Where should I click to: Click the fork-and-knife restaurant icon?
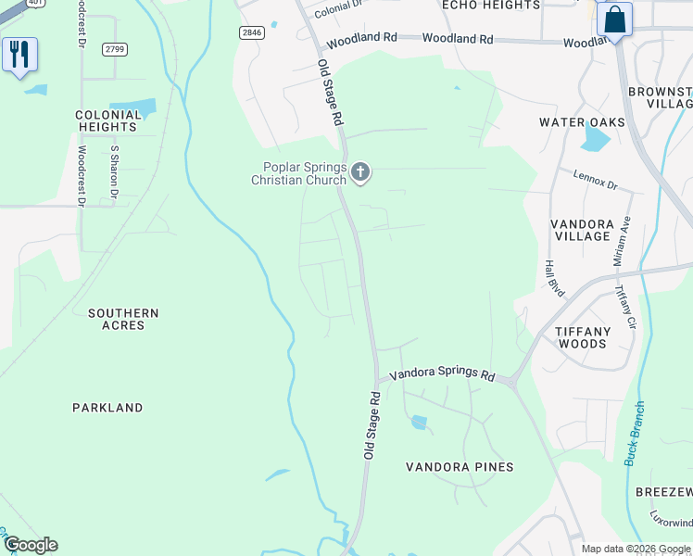point(19,54)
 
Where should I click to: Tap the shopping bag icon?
point(614,20)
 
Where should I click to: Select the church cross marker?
point(361,171)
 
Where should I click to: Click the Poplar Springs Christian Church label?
point(298,173)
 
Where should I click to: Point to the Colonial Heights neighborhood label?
point(107,121)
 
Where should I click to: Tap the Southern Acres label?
point(123,320)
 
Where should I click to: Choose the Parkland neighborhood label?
point(107,408)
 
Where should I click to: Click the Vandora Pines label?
point(460,467)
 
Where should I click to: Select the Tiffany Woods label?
point(595,337)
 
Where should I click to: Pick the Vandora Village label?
point(582,230)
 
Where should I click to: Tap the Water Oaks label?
point(583,122)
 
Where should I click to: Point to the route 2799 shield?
point(115,48)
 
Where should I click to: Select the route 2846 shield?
point(251,32)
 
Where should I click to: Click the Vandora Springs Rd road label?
point(442,374)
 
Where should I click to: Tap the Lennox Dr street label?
point(595,180)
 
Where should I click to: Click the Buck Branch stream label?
point(635,433)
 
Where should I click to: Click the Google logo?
point(31,545)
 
